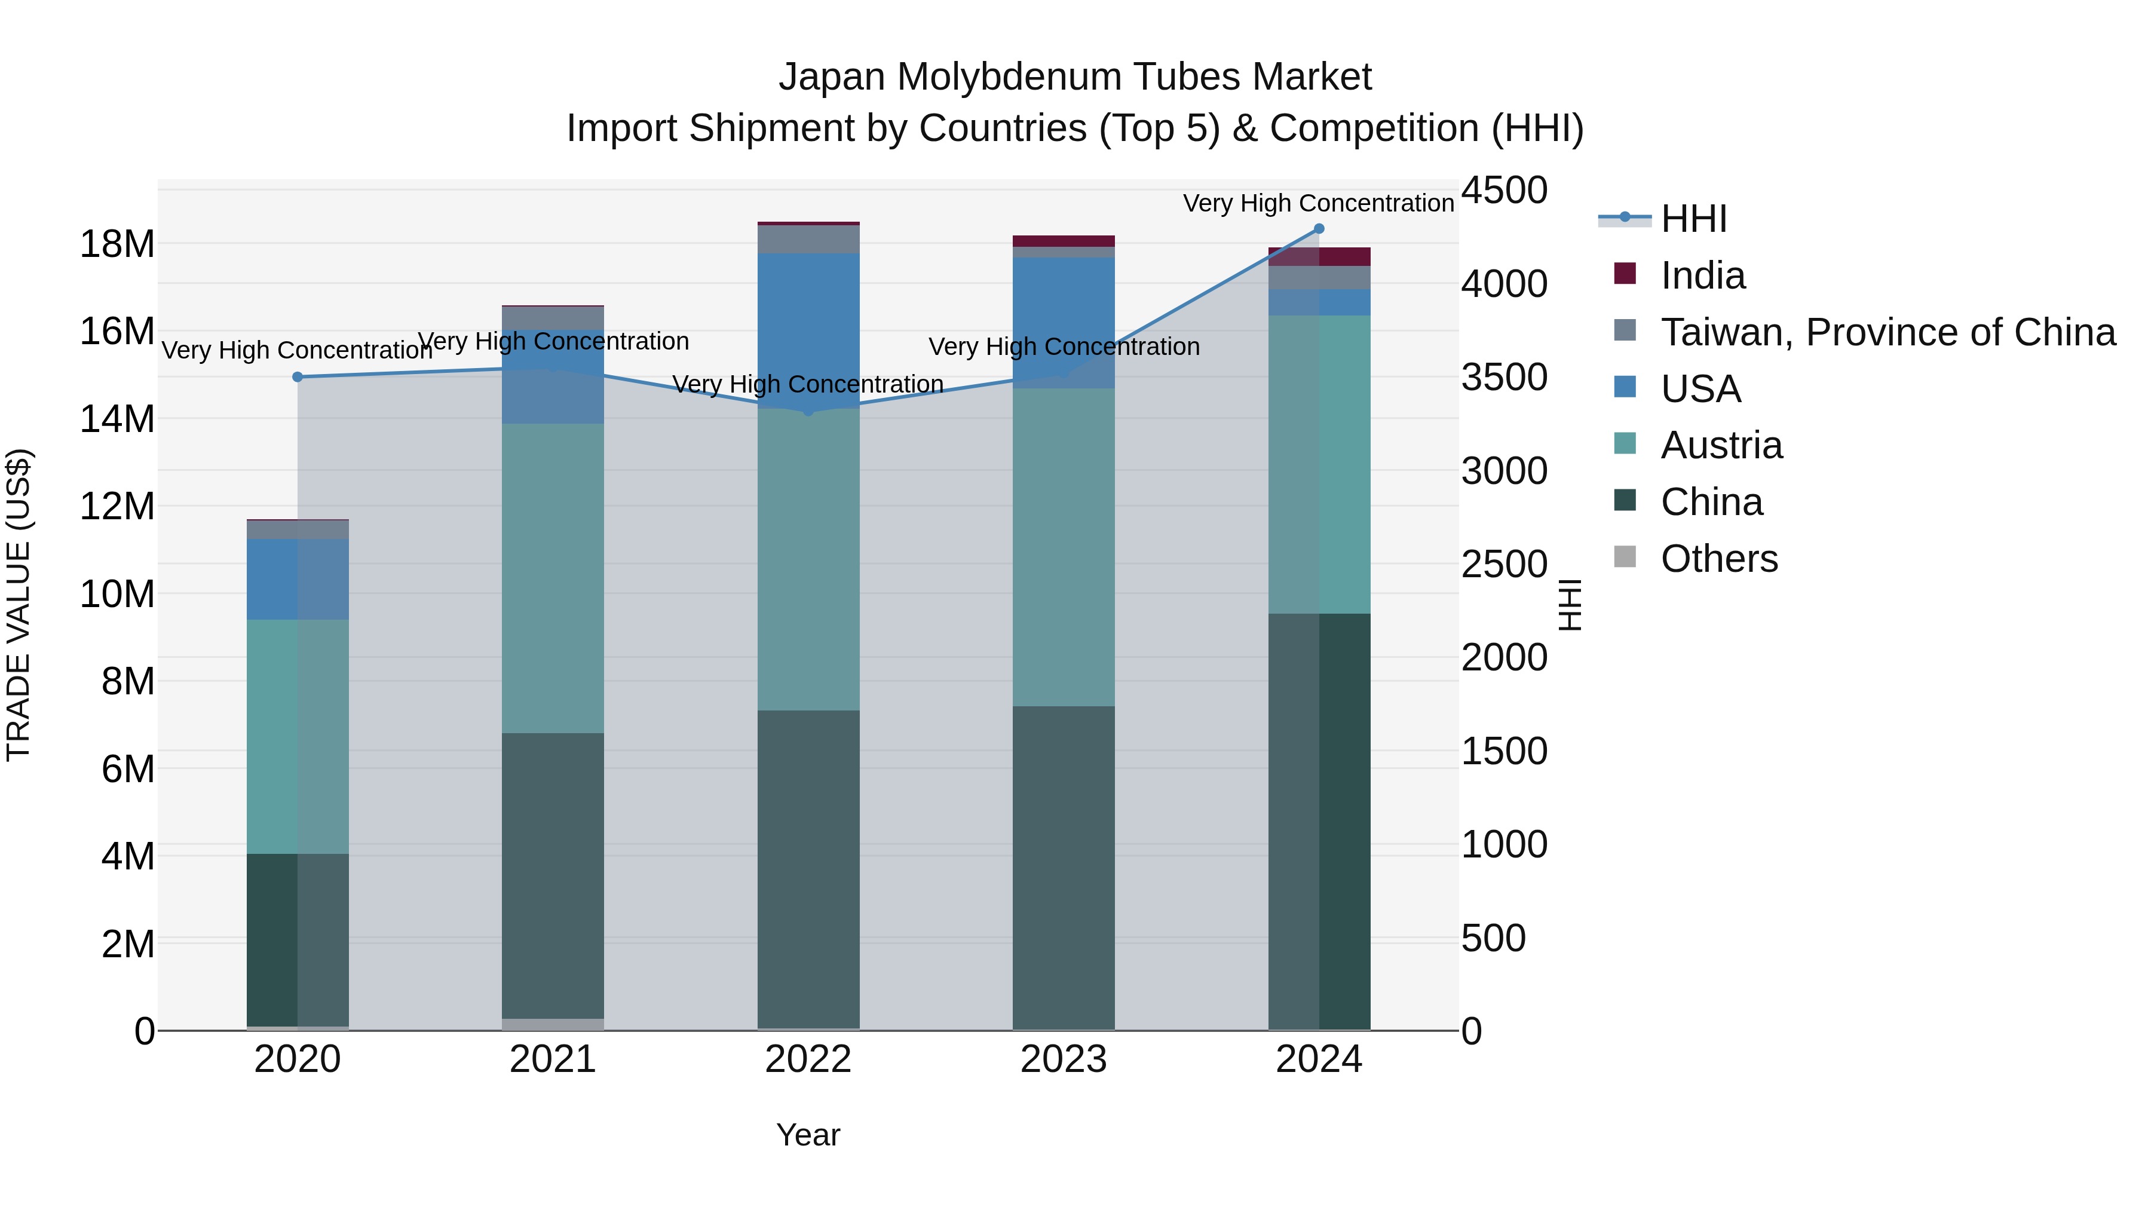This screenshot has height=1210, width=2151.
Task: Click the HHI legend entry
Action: tap(1693, 219)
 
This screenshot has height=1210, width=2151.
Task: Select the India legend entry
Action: tap(1702, 275)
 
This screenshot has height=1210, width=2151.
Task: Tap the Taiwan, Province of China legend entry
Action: tap(1887, 332)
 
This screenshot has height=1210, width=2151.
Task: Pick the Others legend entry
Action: tap(1718, 559)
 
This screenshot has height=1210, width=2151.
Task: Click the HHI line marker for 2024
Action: tap(1319, 229)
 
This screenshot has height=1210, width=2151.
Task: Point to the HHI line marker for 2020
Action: tap(298, 376)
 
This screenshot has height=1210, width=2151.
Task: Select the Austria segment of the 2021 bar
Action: tap(553, 578)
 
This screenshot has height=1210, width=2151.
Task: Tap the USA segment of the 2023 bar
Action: tap(1064, 322)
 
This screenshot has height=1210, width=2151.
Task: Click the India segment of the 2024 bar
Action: tap(1319, 256)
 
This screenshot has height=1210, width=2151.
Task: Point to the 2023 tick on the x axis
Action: tap(1064, 1059)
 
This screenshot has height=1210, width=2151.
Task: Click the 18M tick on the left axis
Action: tap(117, 244)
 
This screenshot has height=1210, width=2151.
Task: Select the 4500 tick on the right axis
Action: tap(1504, 191)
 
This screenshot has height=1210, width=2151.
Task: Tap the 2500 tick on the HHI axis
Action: tap(1504, 565)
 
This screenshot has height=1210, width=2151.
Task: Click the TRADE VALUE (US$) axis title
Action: tap(19, 605)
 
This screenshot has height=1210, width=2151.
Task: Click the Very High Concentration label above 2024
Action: tap(1319, 203)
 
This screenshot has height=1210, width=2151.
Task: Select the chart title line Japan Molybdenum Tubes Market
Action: tap(1075, 77)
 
